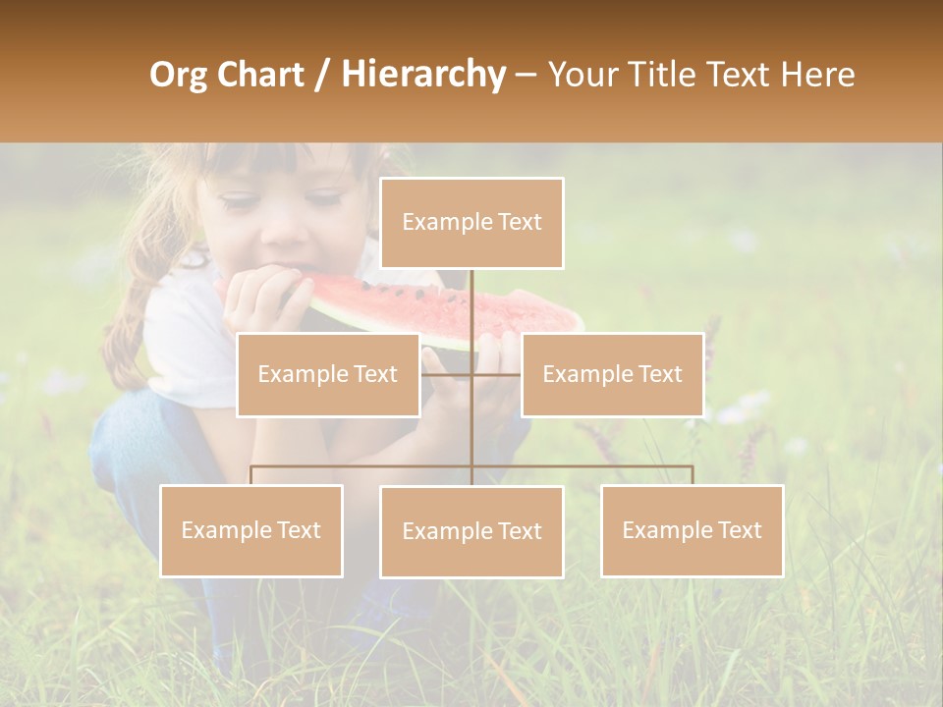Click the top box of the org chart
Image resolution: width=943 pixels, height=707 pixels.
471,223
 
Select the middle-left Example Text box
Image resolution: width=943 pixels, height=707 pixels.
327,374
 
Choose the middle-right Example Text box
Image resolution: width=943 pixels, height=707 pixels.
612,374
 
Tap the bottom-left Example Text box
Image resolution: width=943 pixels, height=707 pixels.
251,530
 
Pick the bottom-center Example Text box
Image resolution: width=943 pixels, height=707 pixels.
471,531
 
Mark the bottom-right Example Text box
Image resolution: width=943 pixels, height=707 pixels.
692,530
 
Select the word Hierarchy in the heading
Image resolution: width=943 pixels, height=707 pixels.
422,75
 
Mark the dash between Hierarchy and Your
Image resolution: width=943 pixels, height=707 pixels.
525,75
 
